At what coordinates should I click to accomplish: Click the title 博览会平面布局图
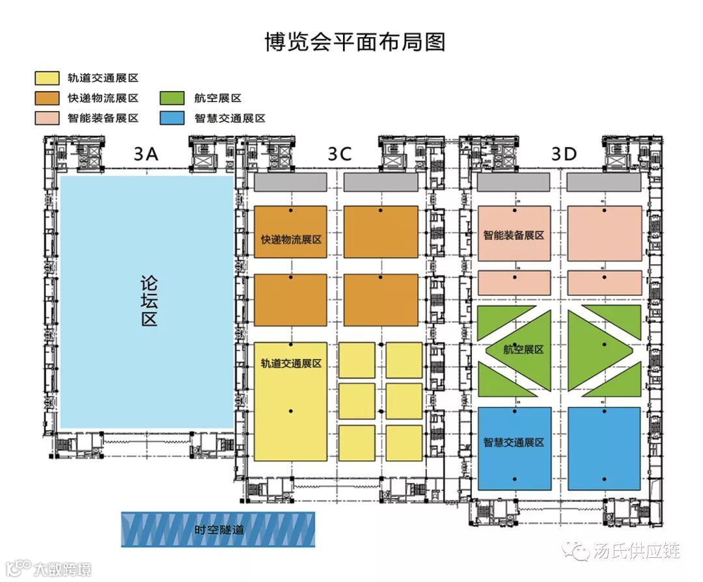click(x=355, y=42)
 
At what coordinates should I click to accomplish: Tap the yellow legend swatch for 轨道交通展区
click(x=46, y=78)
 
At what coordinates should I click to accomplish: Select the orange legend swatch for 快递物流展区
click(x=46, y=98)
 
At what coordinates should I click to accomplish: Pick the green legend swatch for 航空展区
click(x=172, y=98)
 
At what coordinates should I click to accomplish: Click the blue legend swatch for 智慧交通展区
click(x=172, y=118)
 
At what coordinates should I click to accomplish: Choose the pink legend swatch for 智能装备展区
click(x=46, y=118)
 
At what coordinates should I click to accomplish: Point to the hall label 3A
click(x=146, y=154)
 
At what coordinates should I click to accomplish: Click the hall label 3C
click(x=340, y=154)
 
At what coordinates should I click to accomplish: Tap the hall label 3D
click(x=564, y=154)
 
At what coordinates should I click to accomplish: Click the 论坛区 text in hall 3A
click(x=149, y=302)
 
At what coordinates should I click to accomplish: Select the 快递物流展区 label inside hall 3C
click(x=291, y=239)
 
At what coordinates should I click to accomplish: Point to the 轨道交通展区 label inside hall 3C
click(x=291, y=364)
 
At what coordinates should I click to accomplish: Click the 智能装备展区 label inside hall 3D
click(x=514, y=235)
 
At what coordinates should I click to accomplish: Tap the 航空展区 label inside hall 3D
click(x=524, y=349)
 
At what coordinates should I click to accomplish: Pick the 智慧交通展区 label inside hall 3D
click(x=514, y=443)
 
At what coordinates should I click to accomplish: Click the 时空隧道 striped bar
click(x=218, y=529)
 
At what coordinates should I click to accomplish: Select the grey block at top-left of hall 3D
click(x=514, y=183)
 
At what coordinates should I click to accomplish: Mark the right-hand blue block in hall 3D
click(x=604, y=448)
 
